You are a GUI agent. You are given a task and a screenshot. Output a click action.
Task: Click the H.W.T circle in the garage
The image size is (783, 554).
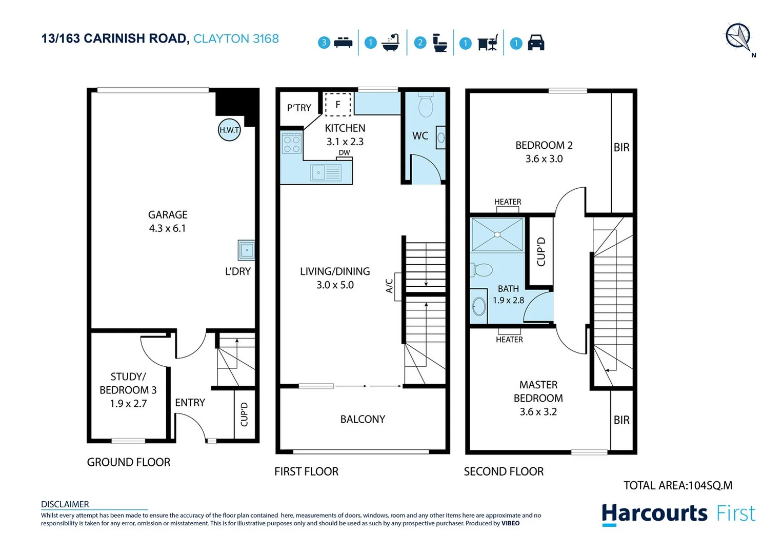(229, 130)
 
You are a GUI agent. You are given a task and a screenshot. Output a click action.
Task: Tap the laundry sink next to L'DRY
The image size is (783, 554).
(247, 250)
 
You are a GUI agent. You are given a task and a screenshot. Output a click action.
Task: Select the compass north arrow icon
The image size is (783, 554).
(738, 37)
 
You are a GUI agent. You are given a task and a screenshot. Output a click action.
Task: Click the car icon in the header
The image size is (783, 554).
(536, 43)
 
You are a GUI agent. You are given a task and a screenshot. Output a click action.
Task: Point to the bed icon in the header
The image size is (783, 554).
(343, 43)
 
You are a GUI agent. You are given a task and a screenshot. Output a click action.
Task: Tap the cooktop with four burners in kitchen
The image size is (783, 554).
(292, 143)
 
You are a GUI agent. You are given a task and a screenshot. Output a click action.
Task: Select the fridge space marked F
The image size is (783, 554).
(338, 104)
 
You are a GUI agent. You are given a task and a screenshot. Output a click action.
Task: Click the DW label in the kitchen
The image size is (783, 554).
(344, 152)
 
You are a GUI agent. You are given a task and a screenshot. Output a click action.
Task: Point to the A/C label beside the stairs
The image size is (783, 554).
(389, 286)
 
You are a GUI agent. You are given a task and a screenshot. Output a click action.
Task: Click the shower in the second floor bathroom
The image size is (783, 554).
(497, 234)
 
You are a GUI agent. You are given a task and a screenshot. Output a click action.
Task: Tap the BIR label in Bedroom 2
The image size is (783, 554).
(621, 148)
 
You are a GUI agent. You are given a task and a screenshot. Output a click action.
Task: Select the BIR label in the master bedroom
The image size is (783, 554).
(621, 420)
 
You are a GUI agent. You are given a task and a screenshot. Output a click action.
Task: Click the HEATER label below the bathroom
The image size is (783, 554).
(509, 340)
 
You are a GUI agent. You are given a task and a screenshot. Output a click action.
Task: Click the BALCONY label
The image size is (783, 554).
(363, 419)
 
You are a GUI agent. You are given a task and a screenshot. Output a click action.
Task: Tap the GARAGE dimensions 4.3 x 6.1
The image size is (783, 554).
(168, 228)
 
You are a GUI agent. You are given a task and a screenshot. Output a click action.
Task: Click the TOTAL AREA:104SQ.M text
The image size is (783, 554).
(677, 485)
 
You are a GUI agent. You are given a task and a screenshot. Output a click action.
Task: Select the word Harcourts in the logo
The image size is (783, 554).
(654, 513)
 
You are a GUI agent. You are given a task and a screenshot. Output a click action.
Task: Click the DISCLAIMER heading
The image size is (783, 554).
(65, 504)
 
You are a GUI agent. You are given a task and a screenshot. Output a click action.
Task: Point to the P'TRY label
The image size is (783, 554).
(299, 108)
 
